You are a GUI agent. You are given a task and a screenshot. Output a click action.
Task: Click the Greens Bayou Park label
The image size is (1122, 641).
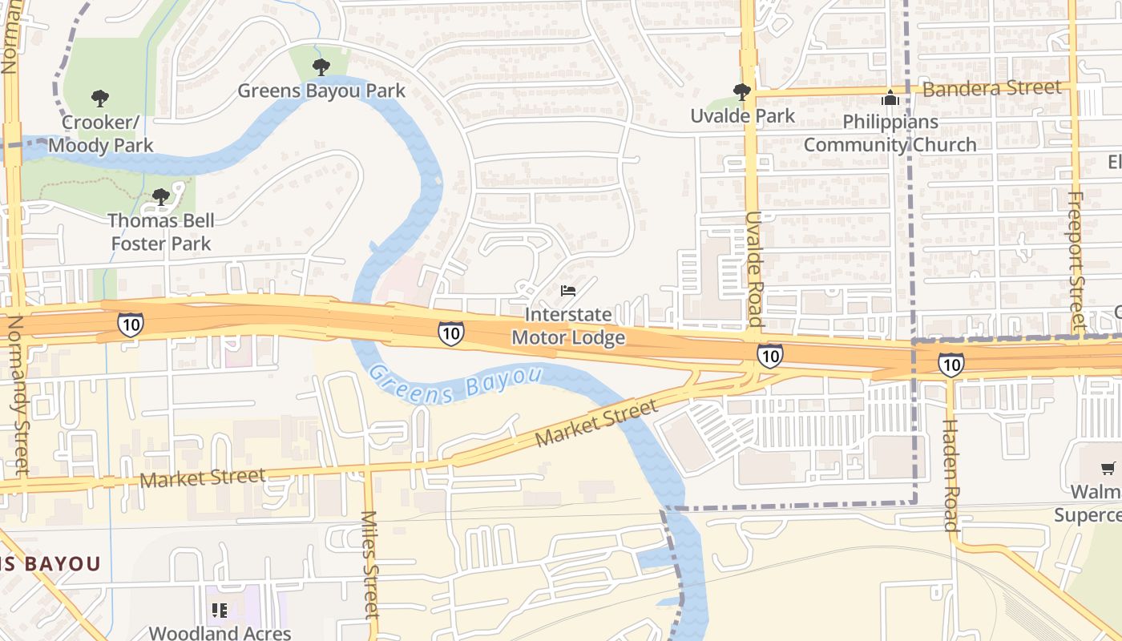pos(321,90)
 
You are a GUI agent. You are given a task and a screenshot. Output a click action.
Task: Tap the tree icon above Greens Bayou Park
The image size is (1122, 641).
pos(321,67)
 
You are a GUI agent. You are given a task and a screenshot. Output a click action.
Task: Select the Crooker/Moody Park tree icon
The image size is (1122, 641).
pos(100,99)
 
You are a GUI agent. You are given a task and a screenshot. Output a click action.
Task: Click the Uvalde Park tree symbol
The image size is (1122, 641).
pos(742,92)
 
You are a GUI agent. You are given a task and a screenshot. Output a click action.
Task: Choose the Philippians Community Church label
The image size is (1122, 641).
pos(890,133)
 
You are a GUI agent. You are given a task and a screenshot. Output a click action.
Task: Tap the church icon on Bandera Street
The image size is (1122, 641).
pos(890,99)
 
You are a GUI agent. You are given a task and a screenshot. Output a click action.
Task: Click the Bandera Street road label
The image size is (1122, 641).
pos(991,88)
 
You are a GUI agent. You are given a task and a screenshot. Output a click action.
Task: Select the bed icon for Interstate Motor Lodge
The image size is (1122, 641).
pos(568,290)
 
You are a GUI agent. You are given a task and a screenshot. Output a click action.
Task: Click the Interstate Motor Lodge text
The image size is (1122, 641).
pos(568,326)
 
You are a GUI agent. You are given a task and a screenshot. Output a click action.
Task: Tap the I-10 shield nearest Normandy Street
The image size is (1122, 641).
pos(131,325)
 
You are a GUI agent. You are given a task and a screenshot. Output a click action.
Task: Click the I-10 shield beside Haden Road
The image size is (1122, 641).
pos(950,365)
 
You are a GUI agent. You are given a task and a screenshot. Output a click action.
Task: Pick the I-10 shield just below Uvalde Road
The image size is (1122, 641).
pos(769,355)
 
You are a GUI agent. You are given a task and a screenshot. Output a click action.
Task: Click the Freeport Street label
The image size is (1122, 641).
pos(1076,260)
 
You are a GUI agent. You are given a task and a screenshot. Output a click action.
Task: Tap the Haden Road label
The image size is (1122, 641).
pos(950,474)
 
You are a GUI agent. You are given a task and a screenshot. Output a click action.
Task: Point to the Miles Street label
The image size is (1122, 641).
pos(369,565)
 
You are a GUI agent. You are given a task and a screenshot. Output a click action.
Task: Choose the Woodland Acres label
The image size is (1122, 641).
pos(220,633)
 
